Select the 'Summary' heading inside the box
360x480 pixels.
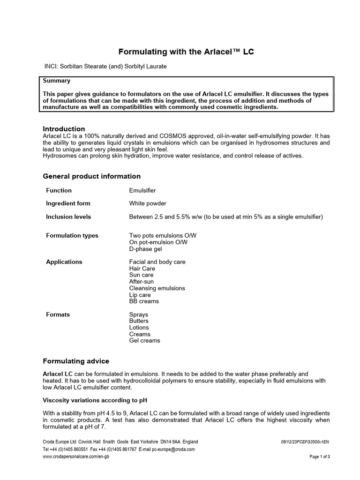pos(57,81)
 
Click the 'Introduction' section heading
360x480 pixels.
pos(64,129)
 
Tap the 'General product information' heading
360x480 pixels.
pos(91,176)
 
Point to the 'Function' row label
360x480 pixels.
pos(59,190)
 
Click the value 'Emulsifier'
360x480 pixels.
pos(142,190)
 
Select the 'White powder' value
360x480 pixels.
pos(148,203)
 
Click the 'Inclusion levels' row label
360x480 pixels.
pos(68,217)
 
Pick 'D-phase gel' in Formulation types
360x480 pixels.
pos(145,249)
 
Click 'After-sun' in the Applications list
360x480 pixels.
pos(141,282)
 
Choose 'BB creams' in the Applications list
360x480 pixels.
pos(144,301)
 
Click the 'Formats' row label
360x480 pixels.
pos(58,315)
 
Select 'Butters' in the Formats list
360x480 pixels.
pos(139,321)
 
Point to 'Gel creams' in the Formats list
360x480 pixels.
pos(144,341)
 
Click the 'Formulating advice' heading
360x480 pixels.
pos(76,361)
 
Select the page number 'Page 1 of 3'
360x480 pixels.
pos(320,457)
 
